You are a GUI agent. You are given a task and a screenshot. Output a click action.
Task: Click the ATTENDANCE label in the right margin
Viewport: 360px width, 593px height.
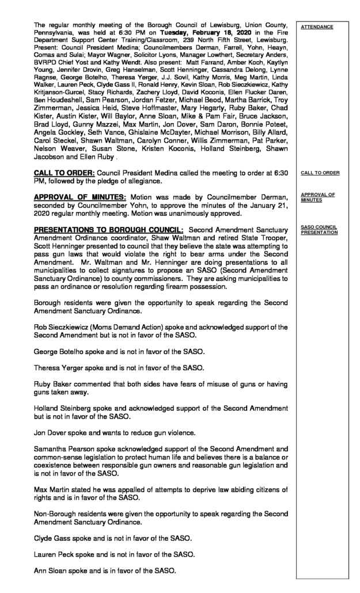317,26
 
